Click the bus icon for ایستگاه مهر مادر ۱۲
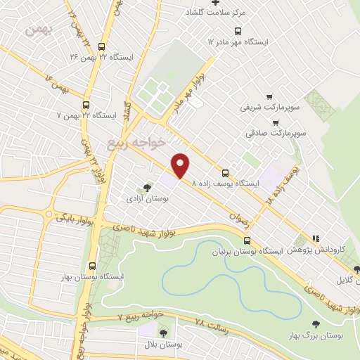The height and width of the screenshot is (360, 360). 237,32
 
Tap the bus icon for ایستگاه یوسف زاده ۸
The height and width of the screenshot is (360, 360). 225,173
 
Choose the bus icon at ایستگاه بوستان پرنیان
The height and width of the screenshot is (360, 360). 245,240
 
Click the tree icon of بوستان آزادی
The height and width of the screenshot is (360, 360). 146,188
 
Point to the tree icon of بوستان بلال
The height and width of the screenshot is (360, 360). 165,333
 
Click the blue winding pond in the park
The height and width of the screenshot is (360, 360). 211,274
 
